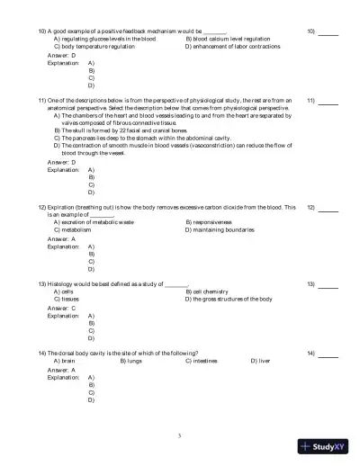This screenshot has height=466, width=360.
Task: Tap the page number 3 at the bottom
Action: pos(180,436)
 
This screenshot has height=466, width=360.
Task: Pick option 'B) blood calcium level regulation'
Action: pos(227,39)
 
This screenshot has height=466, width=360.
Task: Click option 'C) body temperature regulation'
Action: pos(94,46)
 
